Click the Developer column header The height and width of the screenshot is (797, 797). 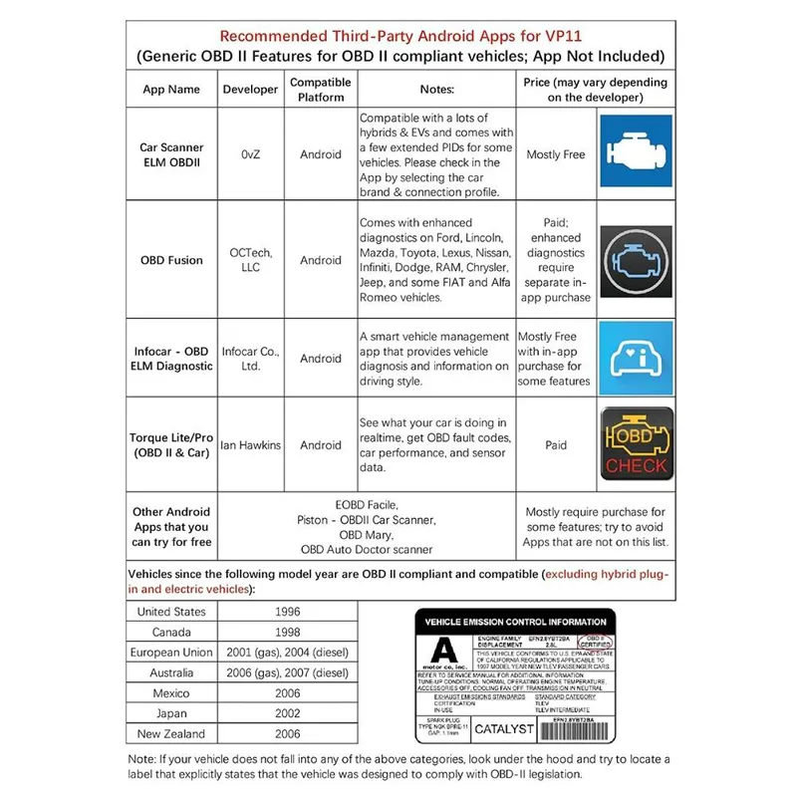coord(251,89)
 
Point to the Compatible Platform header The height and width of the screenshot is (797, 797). coord(320,89)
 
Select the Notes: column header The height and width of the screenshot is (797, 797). coord(436,89)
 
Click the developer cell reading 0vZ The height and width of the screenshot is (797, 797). coord(251,154)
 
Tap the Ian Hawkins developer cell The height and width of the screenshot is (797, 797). coord(251,445)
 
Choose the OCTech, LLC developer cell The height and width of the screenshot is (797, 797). coord(251,260)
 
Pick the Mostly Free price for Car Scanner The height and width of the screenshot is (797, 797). coord(556,154)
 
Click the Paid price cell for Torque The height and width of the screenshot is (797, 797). coord(556,445)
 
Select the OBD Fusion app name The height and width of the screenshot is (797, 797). coord(171,260)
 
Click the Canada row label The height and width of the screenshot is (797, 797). coord(170,632)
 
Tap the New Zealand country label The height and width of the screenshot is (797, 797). coord(170,733)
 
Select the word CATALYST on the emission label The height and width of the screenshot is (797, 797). coord(504,729)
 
